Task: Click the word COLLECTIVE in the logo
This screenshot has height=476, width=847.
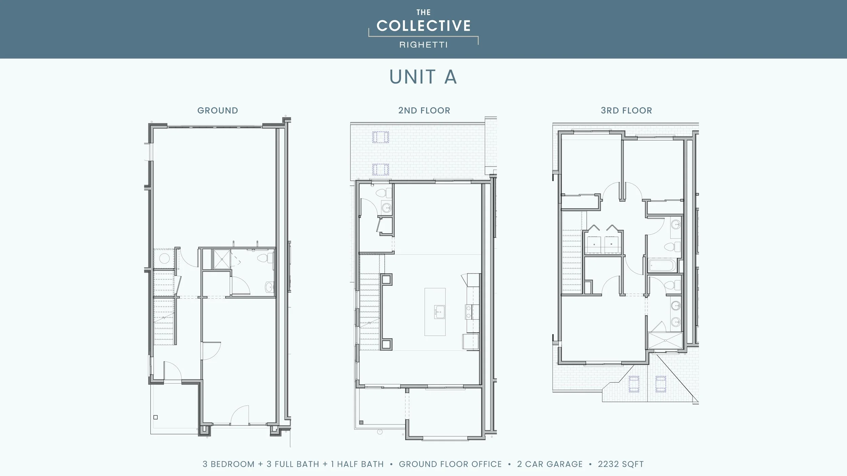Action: coord(423,26)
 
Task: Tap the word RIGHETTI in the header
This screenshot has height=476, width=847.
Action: coord(423,45)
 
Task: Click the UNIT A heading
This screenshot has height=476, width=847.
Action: coord(423,77)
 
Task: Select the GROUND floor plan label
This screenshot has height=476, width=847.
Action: coord(218,110)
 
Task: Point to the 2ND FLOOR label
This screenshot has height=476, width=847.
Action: coord(424,110)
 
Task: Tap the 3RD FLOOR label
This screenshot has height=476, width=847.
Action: coord(626,110)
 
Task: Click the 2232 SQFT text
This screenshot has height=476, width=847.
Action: coord(621,464)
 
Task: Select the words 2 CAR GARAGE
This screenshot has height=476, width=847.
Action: coord(550,464)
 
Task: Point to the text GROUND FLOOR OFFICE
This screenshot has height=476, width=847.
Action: coord(450,464)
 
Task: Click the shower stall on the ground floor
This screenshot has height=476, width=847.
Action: coord(222,259)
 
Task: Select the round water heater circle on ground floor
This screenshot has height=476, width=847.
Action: coord(164,259)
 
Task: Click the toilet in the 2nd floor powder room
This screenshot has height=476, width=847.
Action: coord(383,193)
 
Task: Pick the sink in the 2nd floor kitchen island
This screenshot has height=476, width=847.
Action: coord(439,311)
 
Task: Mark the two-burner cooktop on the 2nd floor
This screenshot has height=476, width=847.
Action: coord(469,311)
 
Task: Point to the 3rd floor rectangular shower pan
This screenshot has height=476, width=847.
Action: coord(665,340)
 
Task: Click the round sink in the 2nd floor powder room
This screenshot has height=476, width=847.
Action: coord(386,207)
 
